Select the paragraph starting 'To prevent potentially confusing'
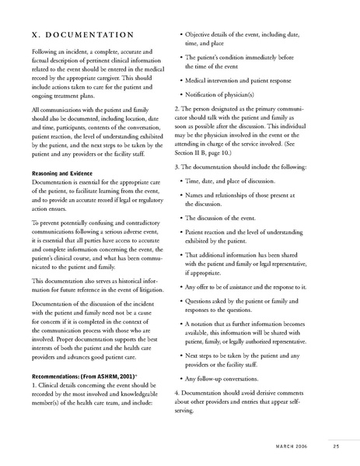pos(93,244)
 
